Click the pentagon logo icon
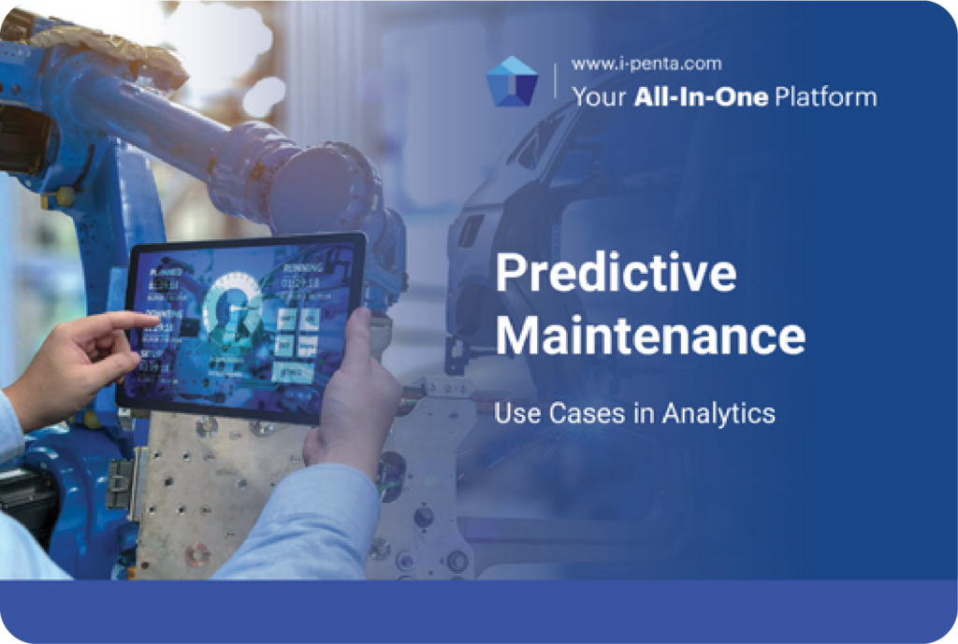513,80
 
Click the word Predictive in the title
615,274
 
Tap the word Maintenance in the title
649,335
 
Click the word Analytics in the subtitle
718,412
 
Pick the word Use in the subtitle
512,412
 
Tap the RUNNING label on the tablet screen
302,267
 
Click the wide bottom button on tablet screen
295,371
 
